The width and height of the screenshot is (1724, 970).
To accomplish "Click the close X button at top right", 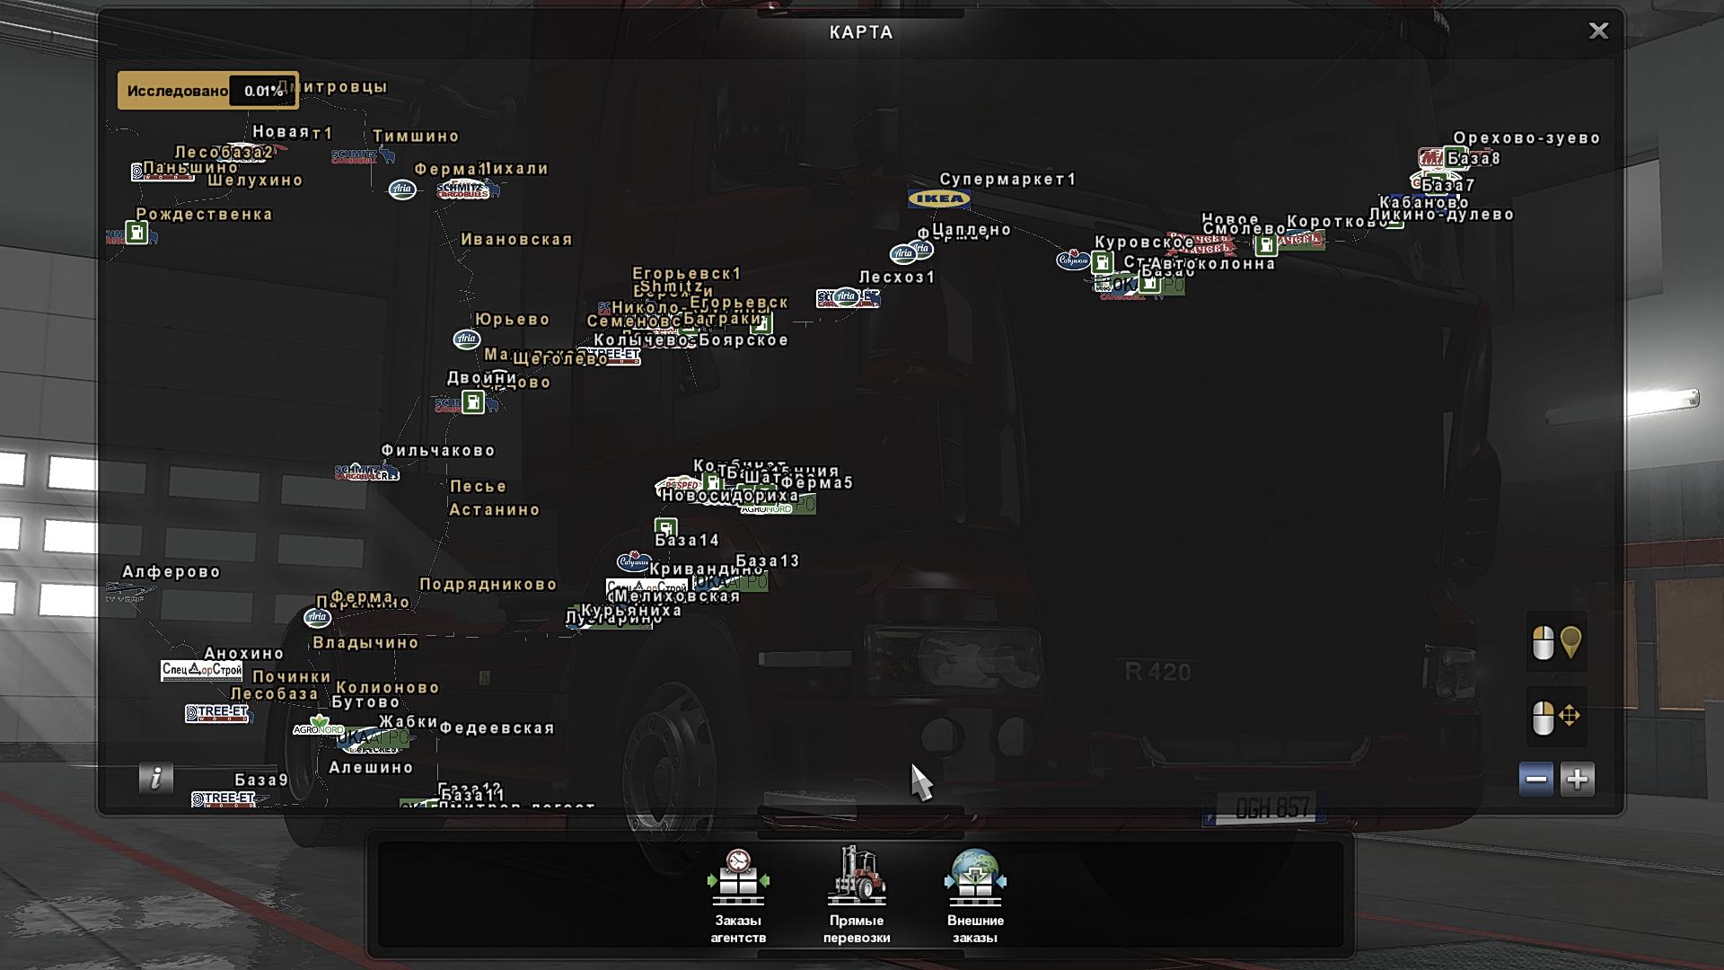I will (1598, 31).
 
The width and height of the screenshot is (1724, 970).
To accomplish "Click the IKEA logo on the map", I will (938, 198).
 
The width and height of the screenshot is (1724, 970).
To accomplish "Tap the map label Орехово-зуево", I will (1526, 138).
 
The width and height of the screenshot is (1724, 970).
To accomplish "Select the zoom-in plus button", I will (1577, 779).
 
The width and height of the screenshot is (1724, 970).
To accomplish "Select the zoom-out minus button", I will (1535, 779).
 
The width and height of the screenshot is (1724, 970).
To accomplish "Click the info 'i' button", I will (156, 778).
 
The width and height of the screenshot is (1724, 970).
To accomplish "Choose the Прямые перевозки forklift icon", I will (857, 876).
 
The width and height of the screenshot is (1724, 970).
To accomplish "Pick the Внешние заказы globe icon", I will (975, 877).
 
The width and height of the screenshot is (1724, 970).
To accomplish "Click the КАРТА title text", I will (861, 32).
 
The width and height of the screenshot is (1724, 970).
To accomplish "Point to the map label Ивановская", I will (516, 240).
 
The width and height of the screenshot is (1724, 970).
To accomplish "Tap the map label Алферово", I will (172, 572).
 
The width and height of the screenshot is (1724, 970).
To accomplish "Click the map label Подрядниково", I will (488, 585).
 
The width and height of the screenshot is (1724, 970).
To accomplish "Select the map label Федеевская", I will (497, 728).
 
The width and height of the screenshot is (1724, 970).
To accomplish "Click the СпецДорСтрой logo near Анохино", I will (202, 670).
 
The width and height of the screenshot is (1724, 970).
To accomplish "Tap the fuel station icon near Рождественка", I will (136, 234).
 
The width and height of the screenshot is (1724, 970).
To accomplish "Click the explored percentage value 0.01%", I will (263, 91).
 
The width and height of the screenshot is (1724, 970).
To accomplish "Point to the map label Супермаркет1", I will (1007, 180).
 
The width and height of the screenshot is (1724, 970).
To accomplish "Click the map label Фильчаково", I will (438, 451).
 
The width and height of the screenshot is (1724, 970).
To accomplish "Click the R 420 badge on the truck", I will (1157, 672).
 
